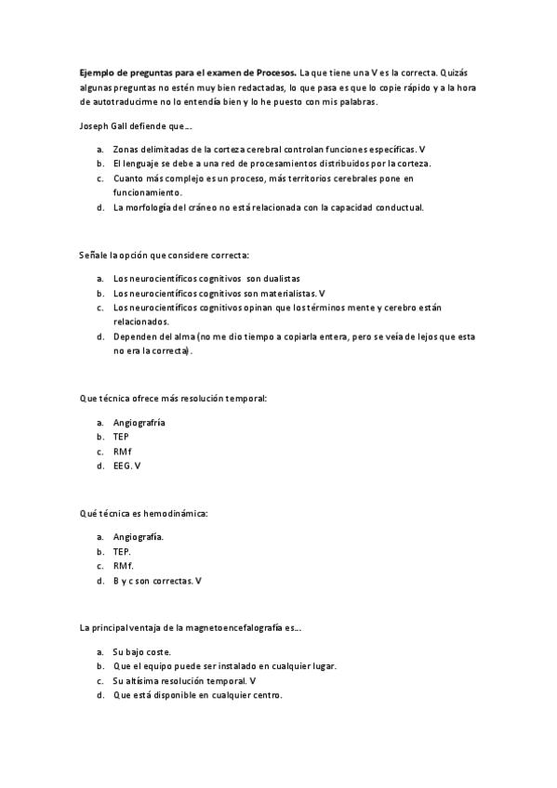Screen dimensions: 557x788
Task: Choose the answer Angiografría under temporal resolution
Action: (x=139, y=423)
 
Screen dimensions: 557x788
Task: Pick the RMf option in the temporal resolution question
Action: (x=124, y=451)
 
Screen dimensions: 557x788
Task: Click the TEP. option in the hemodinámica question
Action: (x=123, y=551)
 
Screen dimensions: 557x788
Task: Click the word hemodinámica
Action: (x=179, y=512)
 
